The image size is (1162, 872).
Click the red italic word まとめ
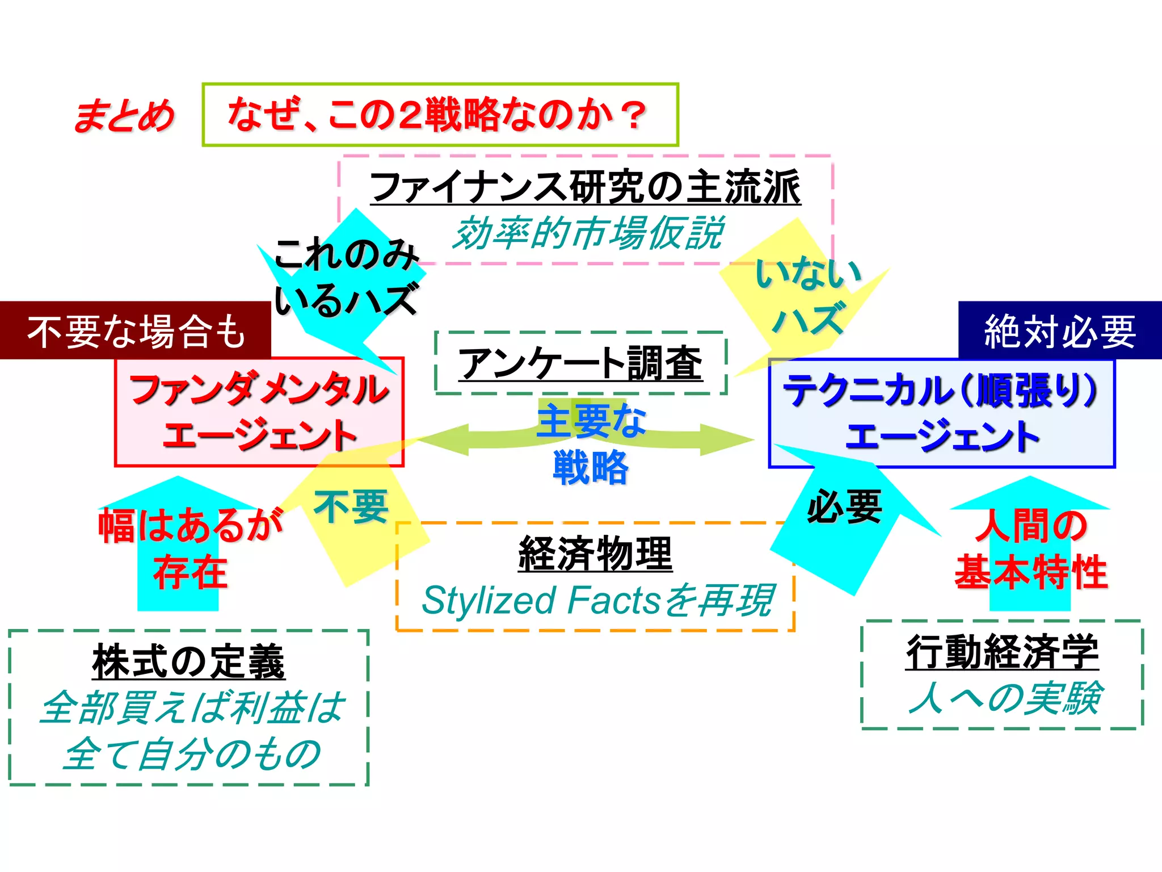coord(124,115)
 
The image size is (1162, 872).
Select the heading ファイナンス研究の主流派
coord(585,187)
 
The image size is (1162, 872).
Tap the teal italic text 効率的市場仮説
coord(588,233)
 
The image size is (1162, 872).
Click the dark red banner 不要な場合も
coord(136,331)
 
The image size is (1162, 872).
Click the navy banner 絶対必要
coord(1059,331)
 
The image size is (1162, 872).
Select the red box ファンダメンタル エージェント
coord(259,413)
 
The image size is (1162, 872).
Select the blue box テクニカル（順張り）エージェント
coord(941,413)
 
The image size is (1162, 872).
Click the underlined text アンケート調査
coord(580,363)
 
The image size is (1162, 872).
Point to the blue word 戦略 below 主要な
coord(591,467)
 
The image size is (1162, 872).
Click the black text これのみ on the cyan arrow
coord(346,254)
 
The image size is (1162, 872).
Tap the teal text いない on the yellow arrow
coord(808,274)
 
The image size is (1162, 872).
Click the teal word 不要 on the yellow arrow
coord(351,506)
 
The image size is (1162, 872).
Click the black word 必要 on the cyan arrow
coord(844,506)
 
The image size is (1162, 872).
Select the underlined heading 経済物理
coord(595,554)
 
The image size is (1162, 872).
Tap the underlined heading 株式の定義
coord(188,662)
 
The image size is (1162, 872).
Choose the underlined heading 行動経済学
coord(1002,652)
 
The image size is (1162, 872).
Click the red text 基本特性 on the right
coord(1031,572)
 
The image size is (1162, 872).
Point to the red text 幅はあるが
coord(191,525)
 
